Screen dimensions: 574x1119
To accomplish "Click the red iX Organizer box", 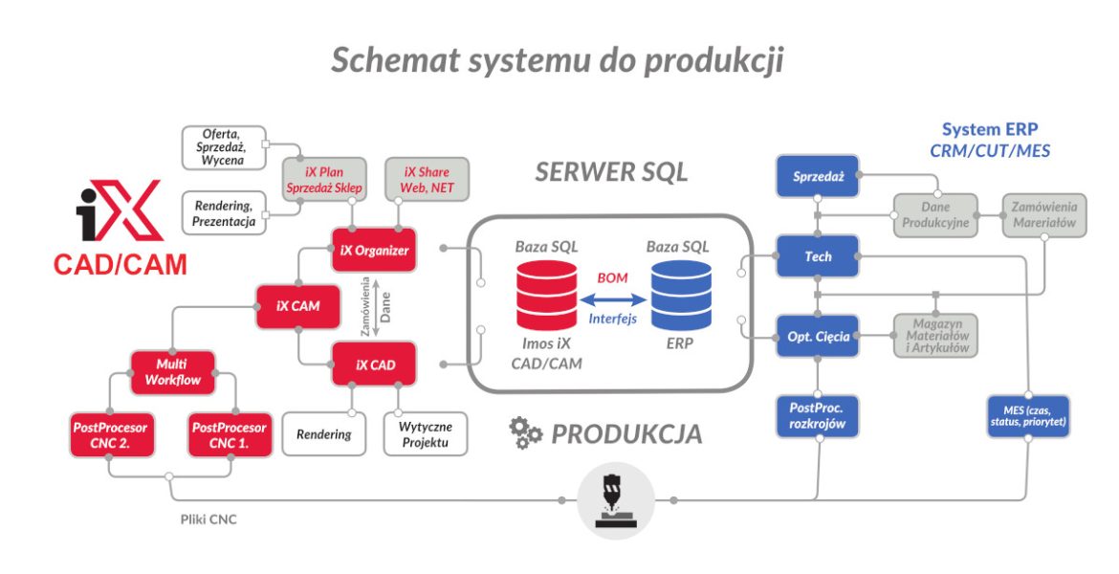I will pos(373,252).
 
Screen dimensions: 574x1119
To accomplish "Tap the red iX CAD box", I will pos(373,364).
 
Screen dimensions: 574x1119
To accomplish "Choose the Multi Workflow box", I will pos(173,372).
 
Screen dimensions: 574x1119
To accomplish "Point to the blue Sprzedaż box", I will pos(817,177).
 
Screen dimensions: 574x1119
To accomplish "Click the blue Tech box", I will pos(817,256).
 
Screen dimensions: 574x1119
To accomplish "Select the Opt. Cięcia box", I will pos(817,337).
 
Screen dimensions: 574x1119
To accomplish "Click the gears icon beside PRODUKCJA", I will pos(526,434).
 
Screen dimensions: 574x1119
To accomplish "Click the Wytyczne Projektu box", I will pos(427,433).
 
